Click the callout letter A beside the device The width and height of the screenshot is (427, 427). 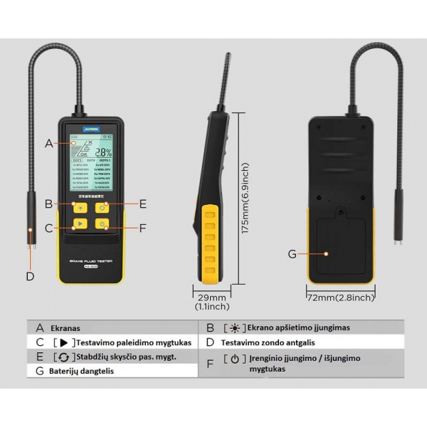[48, 143]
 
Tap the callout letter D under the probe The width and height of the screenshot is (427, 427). [30, 276]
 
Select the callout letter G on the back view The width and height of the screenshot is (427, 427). [291, 254]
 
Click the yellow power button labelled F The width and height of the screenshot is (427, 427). [102, 226]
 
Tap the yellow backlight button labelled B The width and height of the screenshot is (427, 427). [79, 208]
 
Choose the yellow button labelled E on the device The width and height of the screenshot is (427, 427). [102, 208]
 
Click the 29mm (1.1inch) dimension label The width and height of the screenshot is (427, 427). [212, 302]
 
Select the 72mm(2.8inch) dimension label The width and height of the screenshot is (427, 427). [339, 297]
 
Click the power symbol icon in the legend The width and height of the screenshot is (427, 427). [235, 358]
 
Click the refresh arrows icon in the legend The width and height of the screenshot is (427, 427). [65, 357]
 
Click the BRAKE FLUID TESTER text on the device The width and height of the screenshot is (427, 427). [90, 262]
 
